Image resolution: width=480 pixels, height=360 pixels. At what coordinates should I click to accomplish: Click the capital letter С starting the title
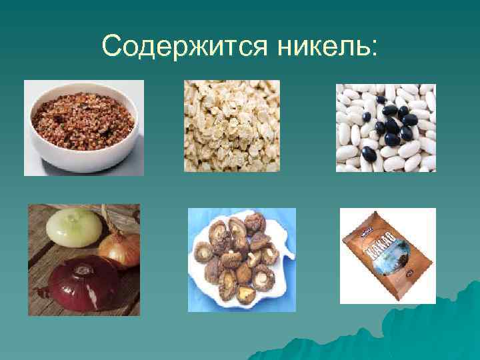coord(111,46)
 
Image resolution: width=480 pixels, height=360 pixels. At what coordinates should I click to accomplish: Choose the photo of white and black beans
coord(385,127)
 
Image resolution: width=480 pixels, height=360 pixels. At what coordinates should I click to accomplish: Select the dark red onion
coord(81,283)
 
